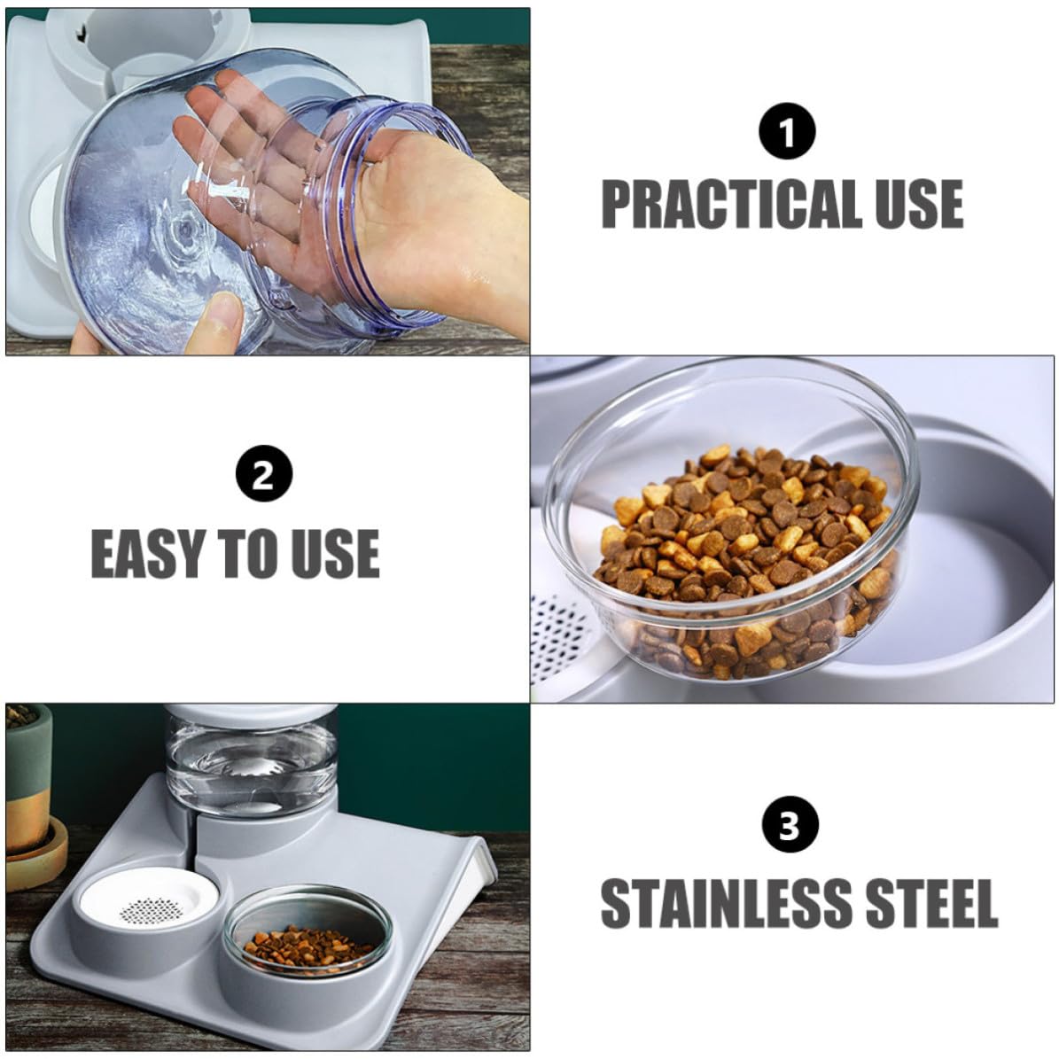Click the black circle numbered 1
[787, 131]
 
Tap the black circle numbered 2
[264, 473]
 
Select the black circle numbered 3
[790, 825]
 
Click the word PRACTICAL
[730, 204]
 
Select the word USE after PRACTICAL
[919, 204]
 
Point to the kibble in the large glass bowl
[746, 561]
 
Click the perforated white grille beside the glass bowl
[561, 642]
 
